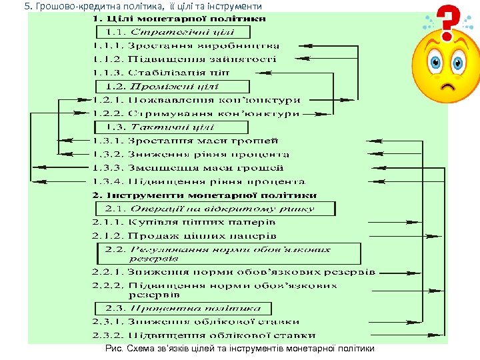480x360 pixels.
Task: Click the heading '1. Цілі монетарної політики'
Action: click(x=179, y=19)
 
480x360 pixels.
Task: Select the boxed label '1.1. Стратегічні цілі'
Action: click(x=174, y=32)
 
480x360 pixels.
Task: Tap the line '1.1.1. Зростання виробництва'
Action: click(x=186, y=46)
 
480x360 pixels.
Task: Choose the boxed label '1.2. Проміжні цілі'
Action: click(x=173, y=87)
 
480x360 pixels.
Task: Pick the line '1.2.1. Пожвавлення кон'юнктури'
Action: click(x=196, y=100)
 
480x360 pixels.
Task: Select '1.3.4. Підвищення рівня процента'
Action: click(x=199, y=181)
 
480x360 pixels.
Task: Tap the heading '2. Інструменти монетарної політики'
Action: click(x=205, y=195)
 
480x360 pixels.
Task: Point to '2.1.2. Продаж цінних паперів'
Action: click(x=184, y=236)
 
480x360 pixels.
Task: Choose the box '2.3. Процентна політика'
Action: click(x=183, y=309)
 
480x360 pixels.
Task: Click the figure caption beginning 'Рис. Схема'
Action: click(x=240, y=349)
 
